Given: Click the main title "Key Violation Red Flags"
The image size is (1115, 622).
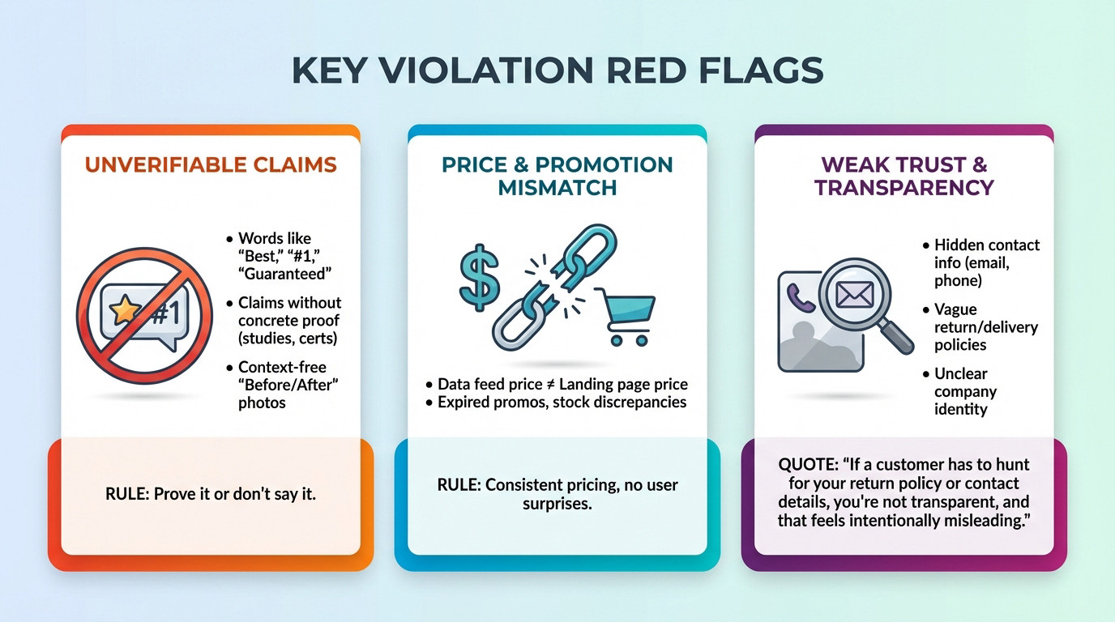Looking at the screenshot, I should [x=557, y=71].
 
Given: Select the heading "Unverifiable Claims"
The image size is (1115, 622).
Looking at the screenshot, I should [x=211, y=165].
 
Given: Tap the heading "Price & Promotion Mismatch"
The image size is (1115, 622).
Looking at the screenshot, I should [x=557, y=176].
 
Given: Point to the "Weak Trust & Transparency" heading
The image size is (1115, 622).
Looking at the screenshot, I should [x=904, y=176].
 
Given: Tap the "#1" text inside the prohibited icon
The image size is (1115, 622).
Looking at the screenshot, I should [x=166, y=313].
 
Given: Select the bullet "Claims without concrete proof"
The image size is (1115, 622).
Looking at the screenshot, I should [x=289, y=320].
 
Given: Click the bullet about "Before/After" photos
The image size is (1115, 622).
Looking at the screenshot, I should [x=288, y=385].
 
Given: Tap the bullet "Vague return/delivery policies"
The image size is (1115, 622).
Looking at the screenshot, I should [x=985, y=327].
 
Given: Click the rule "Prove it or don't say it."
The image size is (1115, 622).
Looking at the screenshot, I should [x=211, y=492].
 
